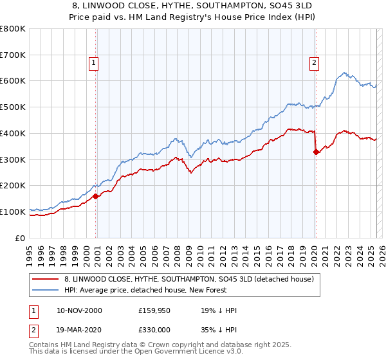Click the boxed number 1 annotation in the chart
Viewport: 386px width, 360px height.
[x=94, y=62]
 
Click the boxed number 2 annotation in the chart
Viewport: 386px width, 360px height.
[x=314, y=62]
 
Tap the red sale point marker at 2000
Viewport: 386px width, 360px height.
[x=96, y=196]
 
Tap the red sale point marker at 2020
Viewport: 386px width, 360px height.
[x=316, y=152]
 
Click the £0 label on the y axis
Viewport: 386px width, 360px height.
[x=21, y=238]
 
